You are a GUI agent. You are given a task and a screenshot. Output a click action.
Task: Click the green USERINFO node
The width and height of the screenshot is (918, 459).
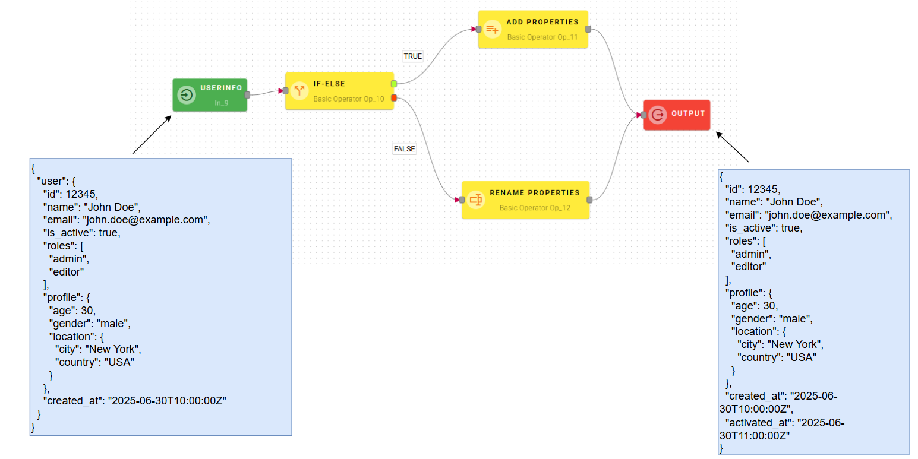point(210,95)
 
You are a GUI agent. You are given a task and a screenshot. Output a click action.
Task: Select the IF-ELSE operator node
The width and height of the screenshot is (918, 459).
point(340,91)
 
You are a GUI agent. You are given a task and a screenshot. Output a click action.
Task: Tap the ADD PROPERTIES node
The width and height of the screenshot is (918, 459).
point(533,29)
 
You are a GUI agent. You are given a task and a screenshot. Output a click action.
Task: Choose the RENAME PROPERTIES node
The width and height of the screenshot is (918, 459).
point(525,200)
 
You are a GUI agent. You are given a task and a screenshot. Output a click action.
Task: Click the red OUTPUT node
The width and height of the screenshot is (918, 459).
point(677,115)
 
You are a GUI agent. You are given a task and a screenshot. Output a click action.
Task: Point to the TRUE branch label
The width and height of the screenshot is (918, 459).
point(412,56)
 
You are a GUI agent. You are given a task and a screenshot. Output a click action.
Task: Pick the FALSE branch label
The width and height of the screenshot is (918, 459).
point(404,149)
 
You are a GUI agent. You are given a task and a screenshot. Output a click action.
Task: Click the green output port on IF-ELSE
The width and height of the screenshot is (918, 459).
point(394,84)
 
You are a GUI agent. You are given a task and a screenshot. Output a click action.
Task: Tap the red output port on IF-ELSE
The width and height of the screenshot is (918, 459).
point(394,98)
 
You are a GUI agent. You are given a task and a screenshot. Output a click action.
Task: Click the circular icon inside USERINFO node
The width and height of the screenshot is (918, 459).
point(187,95)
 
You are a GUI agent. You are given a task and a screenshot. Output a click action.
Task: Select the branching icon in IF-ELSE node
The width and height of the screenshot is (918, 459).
point(299,91)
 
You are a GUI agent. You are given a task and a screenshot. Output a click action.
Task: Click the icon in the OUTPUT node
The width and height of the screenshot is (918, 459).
point(657,115)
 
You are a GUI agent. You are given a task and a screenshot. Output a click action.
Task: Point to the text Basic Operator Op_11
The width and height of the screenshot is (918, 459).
point(542,37)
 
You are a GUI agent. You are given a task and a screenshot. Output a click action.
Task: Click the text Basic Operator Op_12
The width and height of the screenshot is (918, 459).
point(534,208)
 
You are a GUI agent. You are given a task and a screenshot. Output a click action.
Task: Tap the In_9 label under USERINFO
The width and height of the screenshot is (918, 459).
point(222,103)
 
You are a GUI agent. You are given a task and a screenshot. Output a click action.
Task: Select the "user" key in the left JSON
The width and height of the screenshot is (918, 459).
point(52,181)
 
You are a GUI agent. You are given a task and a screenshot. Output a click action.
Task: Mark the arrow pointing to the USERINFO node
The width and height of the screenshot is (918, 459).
point(152,135)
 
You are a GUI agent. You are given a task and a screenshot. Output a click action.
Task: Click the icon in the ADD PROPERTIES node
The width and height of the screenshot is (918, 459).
point(491,29)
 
